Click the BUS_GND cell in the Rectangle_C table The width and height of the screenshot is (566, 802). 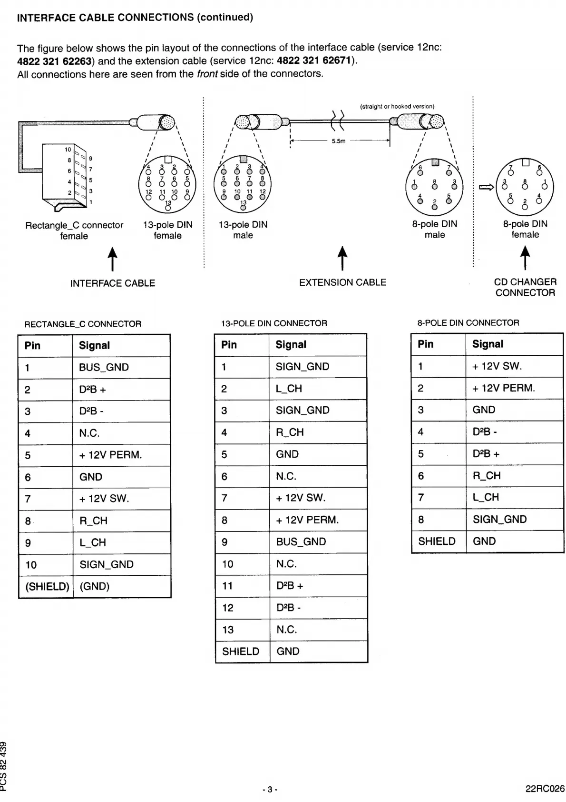pos(104,367)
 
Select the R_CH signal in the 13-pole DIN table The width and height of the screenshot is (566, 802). pos(290,432)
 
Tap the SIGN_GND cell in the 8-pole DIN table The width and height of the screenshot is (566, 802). pos(499,519)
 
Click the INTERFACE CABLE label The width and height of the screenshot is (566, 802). pos(113,283)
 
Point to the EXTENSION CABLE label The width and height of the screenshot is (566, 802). pos(342,282)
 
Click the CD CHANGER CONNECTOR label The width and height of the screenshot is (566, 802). pos(525,287)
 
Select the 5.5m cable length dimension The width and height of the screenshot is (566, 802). pos(339,141)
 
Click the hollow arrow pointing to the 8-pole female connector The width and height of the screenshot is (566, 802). pos(486,187)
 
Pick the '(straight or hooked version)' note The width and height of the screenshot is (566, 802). pos(397,107)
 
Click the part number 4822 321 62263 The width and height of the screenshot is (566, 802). pos(54,61)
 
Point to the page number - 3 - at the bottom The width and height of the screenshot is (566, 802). pos(270,789)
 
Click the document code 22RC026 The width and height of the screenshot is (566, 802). pos(545,788)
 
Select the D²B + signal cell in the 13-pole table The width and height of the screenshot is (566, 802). pos(290,586)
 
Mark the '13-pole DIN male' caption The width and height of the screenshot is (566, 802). pos(243,230)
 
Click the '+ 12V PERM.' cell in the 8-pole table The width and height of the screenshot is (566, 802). pos(503,388)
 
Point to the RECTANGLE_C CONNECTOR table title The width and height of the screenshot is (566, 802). pos(83,324)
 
